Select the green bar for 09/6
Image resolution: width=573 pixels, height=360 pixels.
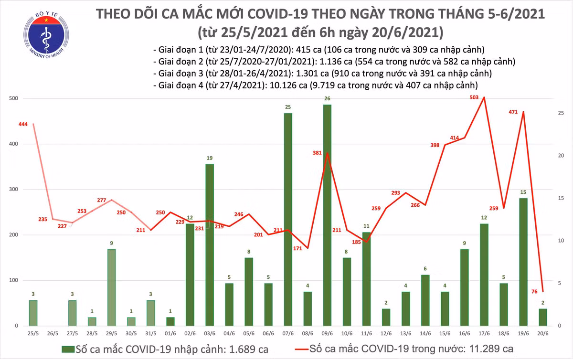327,215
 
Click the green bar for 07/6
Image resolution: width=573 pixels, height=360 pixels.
288,220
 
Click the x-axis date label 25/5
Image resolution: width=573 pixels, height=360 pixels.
33,332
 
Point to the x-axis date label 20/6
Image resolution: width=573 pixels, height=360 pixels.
543,332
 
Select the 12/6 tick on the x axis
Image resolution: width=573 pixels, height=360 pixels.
386,332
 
